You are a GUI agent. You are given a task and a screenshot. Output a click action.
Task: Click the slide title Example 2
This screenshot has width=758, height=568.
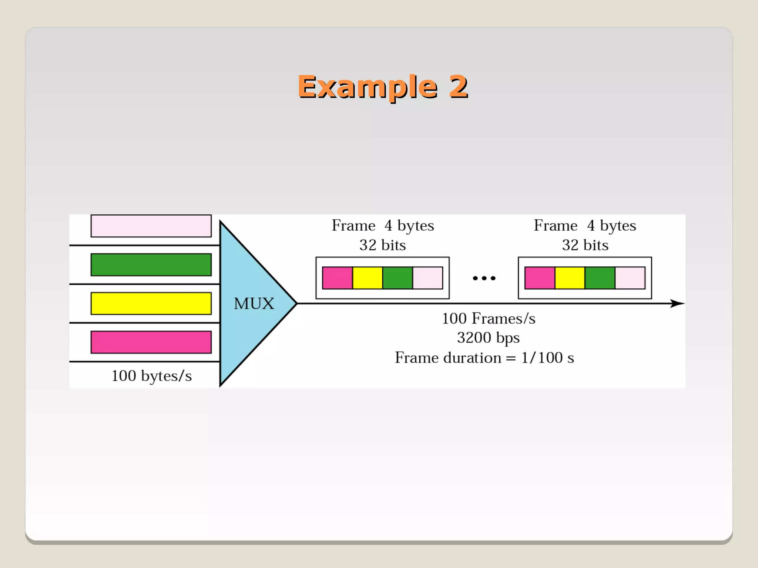[383, 87]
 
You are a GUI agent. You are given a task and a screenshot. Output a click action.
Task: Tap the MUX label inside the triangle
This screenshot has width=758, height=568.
[254, 304]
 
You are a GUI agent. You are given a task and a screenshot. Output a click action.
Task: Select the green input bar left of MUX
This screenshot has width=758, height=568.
[151, 265]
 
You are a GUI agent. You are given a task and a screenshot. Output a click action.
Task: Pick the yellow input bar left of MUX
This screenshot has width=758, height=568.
[151, 304]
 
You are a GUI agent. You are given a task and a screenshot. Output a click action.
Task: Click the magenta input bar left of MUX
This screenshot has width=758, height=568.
[151, 342]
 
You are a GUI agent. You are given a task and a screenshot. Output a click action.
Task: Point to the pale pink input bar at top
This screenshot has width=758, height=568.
[151, 226]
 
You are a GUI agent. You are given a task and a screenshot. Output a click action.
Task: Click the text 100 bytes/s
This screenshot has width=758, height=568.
[152, 376]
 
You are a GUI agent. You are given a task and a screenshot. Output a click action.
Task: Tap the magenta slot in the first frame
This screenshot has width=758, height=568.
[337, 278]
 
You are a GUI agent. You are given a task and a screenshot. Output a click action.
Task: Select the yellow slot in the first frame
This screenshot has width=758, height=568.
[368, 278]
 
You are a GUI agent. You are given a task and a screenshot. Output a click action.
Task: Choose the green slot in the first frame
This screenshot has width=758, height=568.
[398, 278]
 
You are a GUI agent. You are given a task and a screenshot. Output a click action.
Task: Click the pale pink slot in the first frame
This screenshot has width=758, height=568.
[427, 278]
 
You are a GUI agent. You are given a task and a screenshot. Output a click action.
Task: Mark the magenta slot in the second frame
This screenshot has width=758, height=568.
[540, 278]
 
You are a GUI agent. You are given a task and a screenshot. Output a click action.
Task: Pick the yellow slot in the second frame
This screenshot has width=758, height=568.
[570, 278]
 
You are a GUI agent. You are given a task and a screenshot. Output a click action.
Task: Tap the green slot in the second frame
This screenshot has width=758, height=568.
[600, 278]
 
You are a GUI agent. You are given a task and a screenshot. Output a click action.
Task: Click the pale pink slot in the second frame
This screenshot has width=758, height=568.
[630, 278]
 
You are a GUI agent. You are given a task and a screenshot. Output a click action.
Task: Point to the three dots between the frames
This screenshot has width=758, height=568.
[484, 278]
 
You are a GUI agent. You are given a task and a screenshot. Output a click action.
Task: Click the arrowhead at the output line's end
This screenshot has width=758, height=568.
[678, 304]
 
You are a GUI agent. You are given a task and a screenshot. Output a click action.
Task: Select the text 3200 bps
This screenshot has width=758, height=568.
[488, 338]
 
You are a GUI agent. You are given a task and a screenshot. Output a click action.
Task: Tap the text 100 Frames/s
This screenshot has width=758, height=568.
[489, 318]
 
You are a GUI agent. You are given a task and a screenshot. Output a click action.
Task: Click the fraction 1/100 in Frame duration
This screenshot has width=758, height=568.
[542, 358]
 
